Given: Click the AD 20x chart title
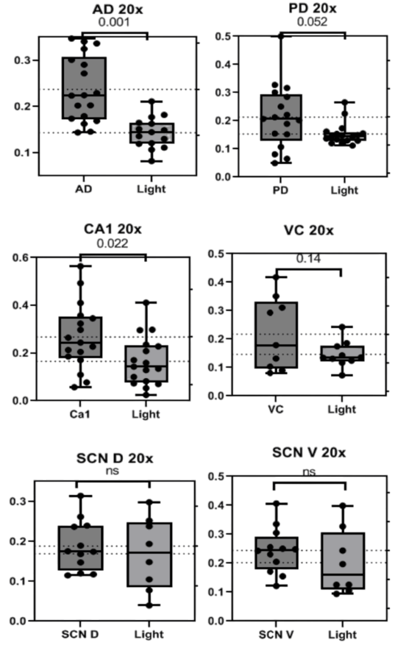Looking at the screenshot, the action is [x=117, y=9].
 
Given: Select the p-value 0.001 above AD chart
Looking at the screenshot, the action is [x=114, y=22].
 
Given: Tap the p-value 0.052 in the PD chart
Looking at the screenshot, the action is [x=312, y=22].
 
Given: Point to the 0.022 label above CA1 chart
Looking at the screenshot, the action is [x=112, y=244].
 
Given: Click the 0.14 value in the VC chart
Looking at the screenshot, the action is [x=308, y=259].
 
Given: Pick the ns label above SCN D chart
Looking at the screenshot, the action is [x=112, y=471].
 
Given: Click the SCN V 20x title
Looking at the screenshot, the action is [x=309, y=452].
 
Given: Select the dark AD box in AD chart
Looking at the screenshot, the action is [x=84, y=88].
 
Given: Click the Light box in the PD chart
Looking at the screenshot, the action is [x=345, y=136].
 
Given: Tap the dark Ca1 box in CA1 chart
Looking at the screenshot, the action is [x=81, y=338].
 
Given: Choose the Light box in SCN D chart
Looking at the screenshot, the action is [x=149, y=554].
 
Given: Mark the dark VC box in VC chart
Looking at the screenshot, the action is [x=276, y=335].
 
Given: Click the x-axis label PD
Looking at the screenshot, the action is [x=280, y=190].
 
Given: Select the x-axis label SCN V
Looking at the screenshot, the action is [x=276, y=635].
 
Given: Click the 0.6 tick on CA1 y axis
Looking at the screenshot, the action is [x=21, y=258].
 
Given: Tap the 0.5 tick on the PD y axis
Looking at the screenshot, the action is [x=224, y=36].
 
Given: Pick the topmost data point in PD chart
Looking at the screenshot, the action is [x=281, y=37].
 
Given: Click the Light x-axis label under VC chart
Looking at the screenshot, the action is [x=342, y=409].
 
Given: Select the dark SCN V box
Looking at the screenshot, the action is [x=277, y=553].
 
